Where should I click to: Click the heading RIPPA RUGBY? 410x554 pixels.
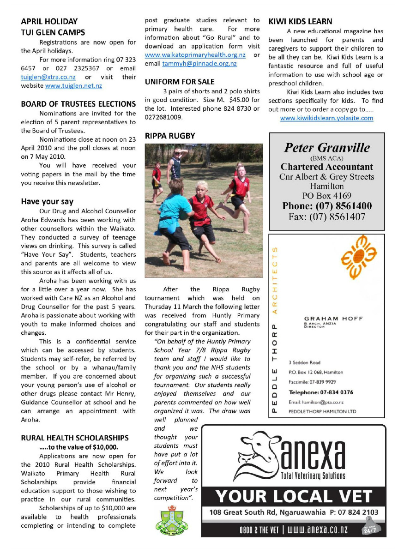click(170, 136)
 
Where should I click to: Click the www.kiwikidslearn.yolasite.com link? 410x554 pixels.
click(326, 118)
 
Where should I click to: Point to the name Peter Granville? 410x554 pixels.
click(327, 148)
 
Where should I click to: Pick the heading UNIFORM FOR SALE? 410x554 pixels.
click(180, 82)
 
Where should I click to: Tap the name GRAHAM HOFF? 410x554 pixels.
click(333, 319)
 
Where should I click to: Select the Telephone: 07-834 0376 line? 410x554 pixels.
click(320, 392)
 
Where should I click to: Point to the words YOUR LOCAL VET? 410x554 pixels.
click(294, 497)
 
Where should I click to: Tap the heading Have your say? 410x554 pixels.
click(47, 202)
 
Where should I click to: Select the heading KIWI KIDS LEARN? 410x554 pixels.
click(300, 22)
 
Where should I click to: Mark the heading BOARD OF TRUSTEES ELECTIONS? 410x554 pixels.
click(78, 104)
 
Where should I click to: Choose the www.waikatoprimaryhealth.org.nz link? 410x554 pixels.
click(195, 55)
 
